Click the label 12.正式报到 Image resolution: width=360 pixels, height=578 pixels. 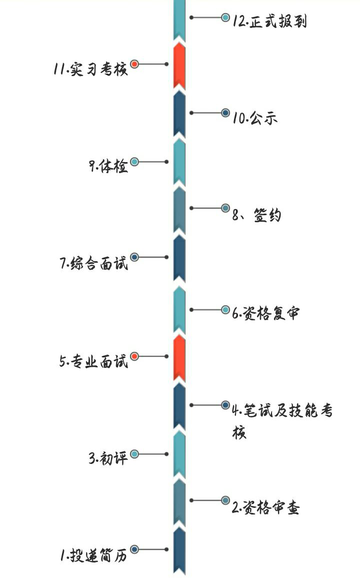(269, 22)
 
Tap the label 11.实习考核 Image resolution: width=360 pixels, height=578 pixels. (91, 69)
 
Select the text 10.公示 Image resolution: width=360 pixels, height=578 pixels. (255, 118)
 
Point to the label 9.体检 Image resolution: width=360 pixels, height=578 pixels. (108, 166)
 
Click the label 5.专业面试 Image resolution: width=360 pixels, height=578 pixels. (94, 361)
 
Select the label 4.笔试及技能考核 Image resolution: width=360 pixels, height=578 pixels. (282, 411)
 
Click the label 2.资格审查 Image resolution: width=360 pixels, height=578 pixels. (265, 508)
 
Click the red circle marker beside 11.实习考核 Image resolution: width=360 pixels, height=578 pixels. (134, 64)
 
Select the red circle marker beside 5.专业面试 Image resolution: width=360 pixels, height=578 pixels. (134, 356)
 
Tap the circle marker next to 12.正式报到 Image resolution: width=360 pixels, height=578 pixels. (225, 18)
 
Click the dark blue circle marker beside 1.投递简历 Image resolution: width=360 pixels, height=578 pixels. (134, 549)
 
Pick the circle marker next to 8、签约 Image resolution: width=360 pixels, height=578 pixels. (225, 208)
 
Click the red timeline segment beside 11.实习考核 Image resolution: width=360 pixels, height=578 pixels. (179, 67)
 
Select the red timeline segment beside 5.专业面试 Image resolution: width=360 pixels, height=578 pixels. (179, 358)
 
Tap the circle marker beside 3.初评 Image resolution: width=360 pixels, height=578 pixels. (134, 454)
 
